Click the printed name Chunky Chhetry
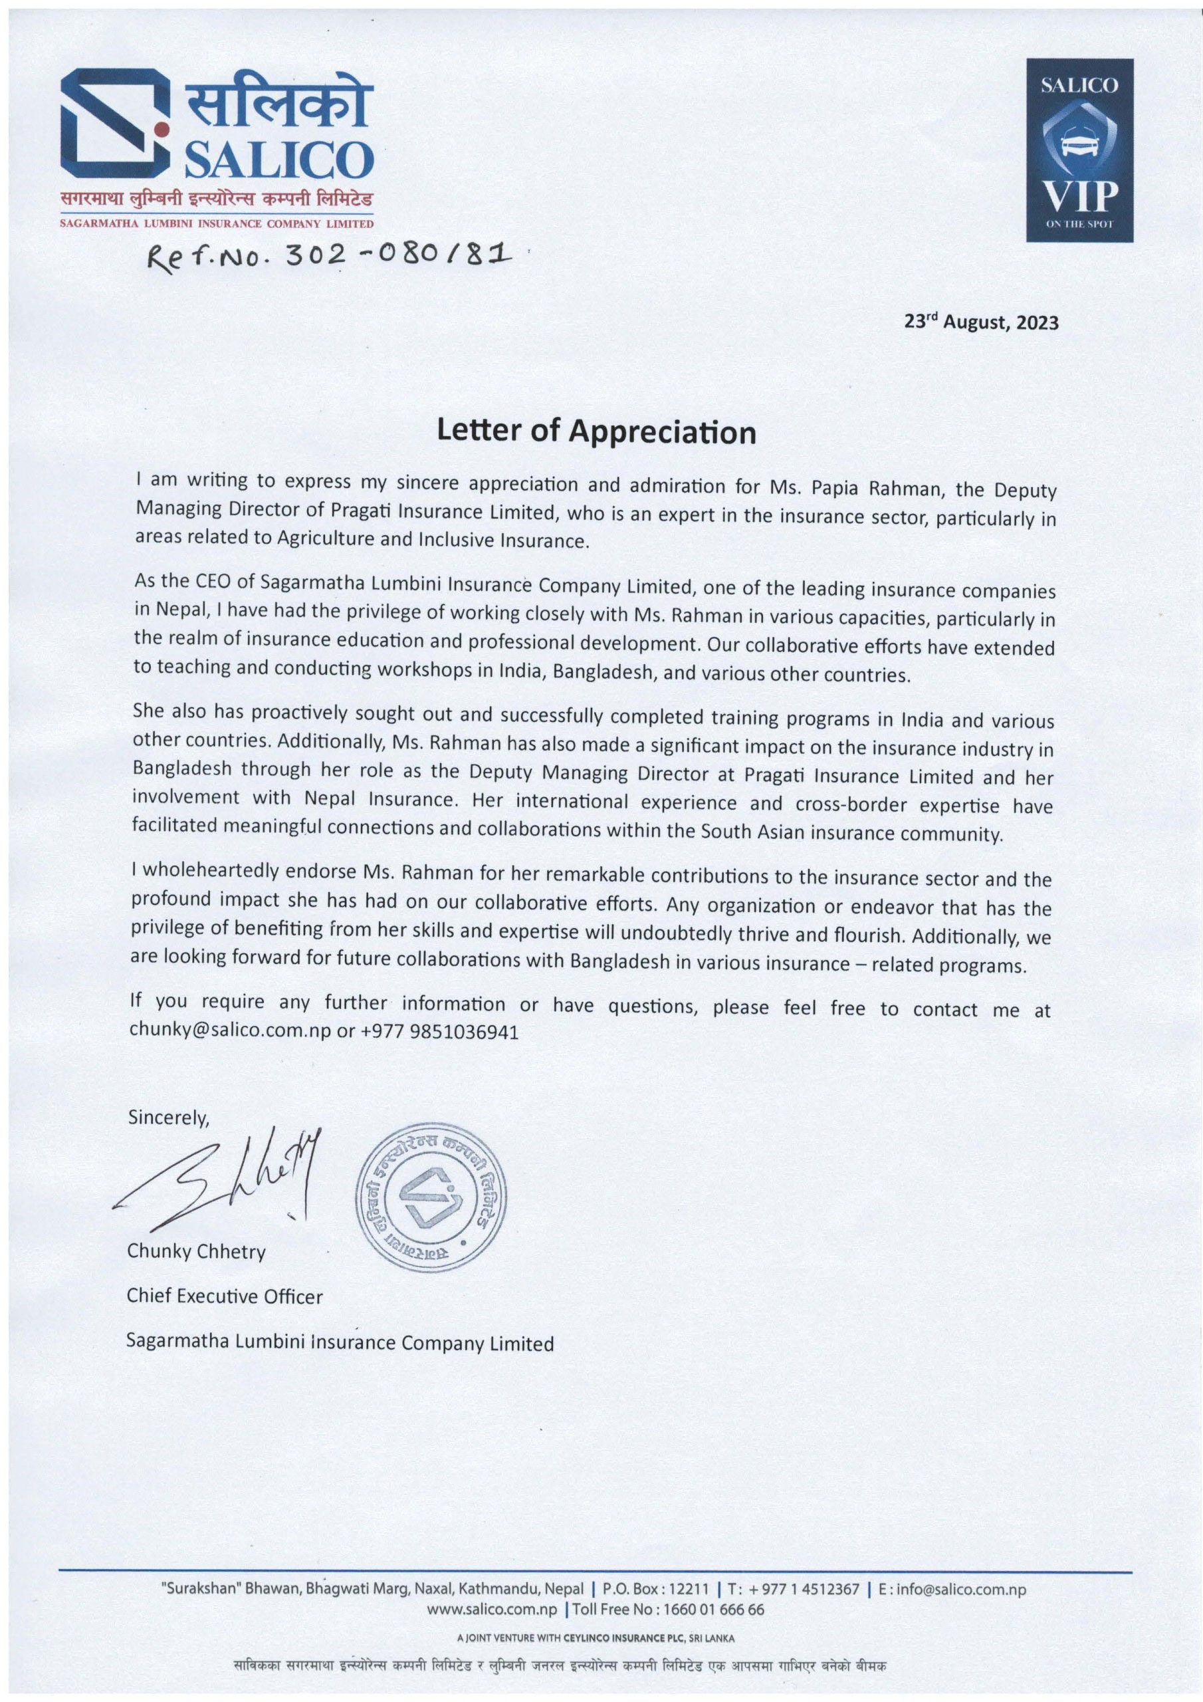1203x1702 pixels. tap(197, 1251)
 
